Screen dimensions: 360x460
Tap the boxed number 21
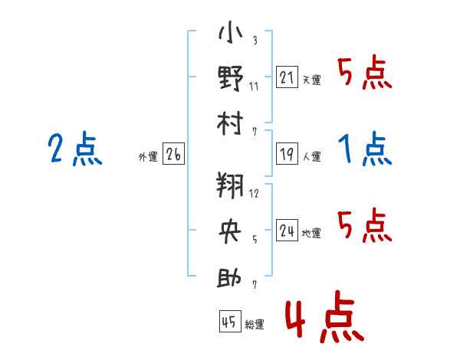287,77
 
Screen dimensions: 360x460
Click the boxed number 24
287,231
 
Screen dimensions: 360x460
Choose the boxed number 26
174,155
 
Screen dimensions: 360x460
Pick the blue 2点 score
75,149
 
